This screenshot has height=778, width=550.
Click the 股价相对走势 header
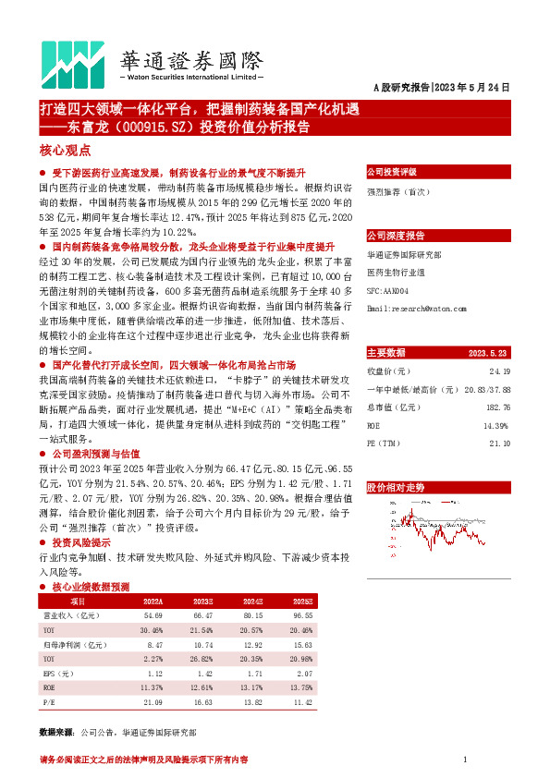pos(396,486)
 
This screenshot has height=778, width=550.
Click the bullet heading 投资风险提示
pos(81,541)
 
